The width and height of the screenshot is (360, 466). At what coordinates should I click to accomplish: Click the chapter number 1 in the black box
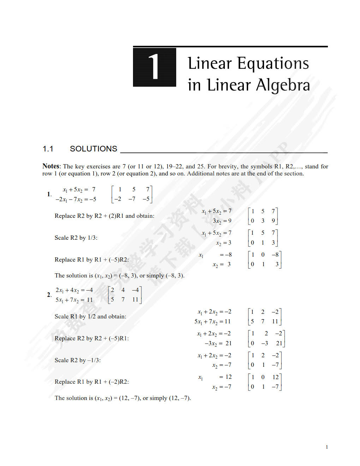[x=154, y=67]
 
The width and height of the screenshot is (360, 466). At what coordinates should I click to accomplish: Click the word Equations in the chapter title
[x=273, y=64]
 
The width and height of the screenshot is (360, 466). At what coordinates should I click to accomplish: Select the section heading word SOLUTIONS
[x=94, y=149]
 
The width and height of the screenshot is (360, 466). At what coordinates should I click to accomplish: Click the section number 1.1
[x=48, y=149]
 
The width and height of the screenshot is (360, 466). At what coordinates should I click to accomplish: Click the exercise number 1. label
[x=49, y=194]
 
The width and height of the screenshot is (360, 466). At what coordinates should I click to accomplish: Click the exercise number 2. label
[x=49, y=295]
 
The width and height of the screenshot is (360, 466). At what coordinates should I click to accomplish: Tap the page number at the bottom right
[x=327, y=447]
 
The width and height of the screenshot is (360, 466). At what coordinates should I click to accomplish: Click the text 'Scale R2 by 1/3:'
[x=76, y=238]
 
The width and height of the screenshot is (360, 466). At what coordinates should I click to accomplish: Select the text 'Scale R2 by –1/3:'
[x=78, y=360]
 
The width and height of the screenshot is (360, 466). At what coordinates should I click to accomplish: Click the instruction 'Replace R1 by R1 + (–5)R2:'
[x=92, y=259]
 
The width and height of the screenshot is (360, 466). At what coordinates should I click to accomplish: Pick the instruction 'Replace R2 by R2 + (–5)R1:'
[x=92, y=338]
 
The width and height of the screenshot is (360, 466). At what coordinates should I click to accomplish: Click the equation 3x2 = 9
[x=222, y=221]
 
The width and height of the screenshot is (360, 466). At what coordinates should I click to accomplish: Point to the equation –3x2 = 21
[x=218, y=343]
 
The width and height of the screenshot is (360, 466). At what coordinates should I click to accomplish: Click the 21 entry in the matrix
[x=279, y=343]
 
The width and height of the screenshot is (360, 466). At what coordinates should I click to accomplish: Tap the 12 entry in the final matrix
[x=276, y=377]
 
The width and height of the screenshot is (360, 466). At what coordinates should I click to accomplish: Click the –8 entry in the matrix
[x=275, y=255]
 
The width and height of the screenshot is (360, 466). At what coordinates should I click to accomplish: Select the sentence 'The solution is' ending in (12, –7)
[x=122, y=398]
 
